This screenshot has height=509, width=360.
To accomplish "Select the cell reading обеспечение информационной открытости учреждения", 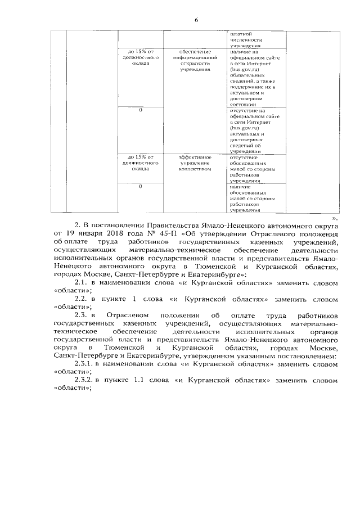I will pos(195,61).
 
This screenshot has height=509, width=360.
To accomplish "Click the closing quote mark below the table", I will pos(336,217).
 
